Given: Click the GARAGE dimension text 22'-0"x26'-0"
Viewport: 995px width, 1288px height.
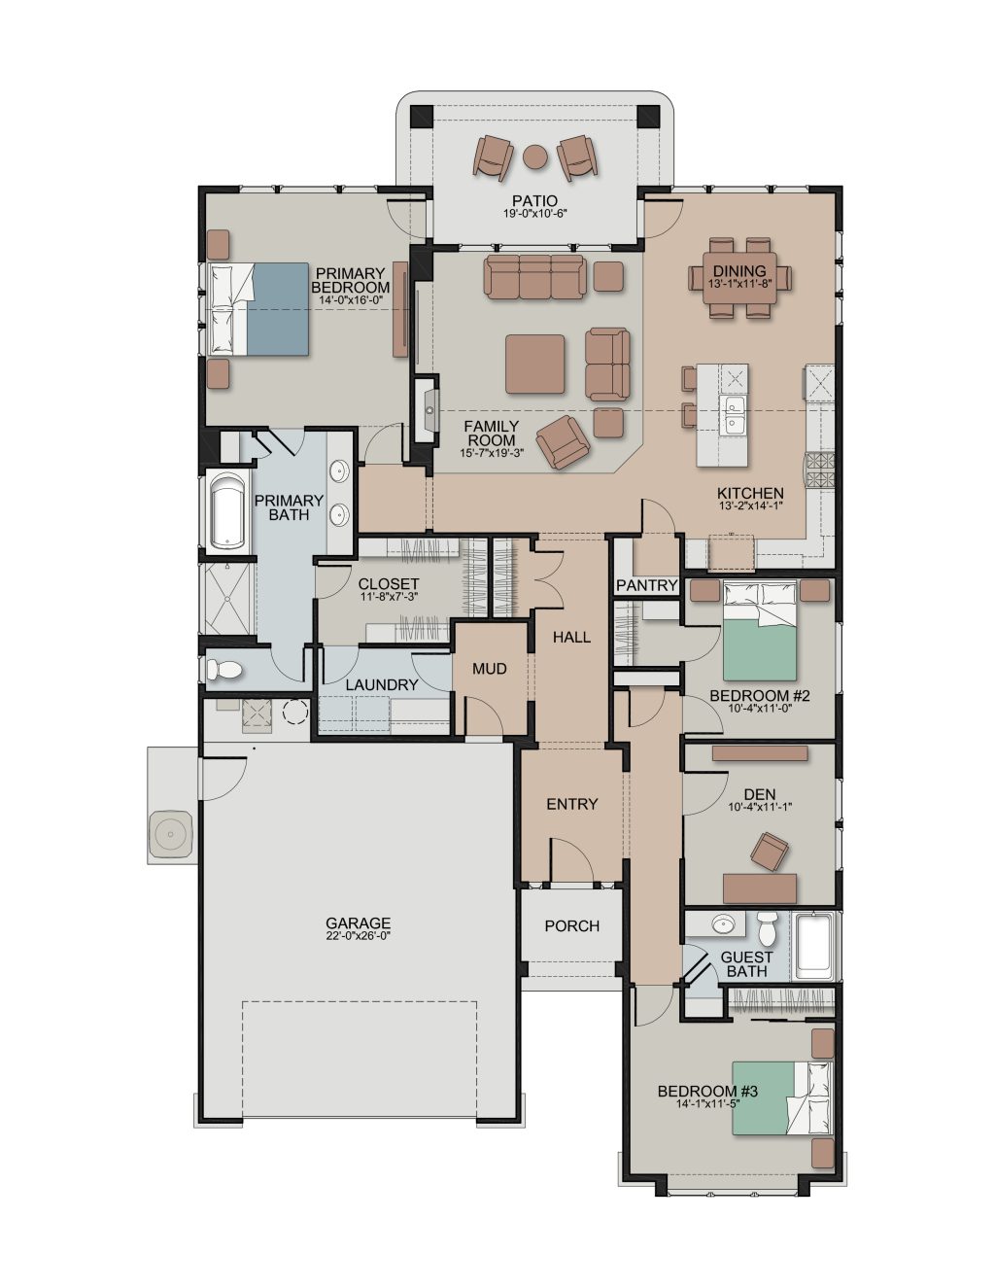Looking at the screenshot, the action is click(x=358, y=936).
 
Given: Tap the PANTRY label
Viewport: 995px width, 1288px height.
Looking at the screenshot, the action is click(x=647, y=585).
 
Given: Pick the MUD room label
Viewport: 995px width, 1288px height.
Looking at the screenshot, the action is click(x=489, y=669).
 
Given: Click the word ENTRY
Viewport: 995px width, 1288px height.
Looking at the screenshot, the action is click(x=571, y=804).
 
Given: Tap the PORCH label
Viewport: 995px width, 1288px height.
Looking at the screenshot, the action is click(x=571, y=925).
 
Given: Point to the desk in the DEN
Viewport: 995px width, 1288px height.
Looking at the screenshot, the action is click(x=760, y=888).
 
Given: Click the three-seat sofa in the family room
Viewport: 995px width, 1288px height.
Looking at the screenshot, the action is click(x=534, y=276).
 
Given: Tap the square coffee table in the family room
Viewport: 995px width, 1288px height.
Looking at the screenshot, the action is click(x=534, y=364).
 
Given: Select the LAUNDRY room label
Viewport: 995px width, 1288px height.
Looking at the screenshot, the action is click(x=382, y=685).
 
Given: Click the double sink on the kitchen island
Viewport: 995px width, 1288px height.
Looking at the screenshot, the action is click(x=733, y=414).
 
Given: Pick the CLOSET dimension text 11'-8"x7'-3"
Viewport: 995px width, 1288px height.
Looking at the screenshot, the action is click(x=389, y=597).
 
